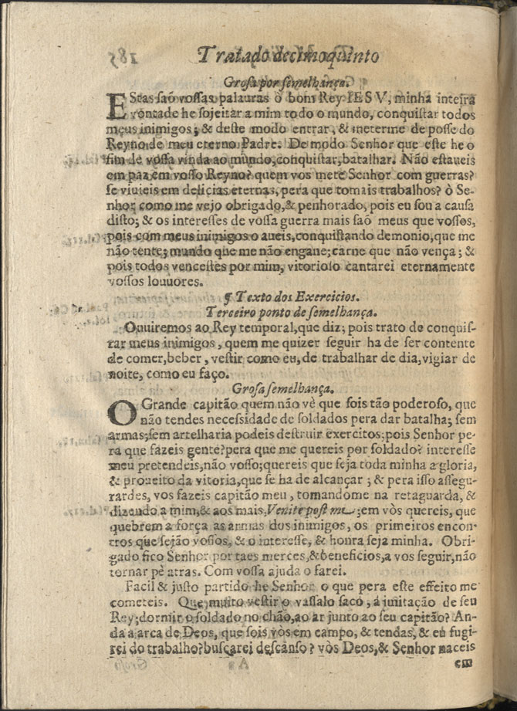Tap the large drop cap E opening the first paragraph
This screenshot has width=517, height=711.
[114, 105]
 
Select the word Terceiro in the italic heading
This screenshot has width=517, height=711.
[237, 311]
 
